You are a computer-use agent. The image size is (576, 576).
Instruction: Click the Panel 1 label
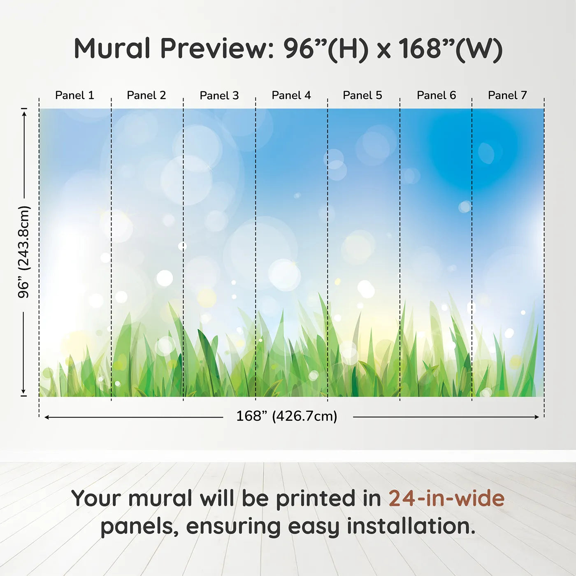[74, 95]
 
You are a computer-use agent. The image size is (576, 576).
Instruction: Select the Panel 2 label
[146, 95]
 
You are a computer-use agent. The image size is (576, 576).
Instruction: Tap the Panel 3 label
[219, 95]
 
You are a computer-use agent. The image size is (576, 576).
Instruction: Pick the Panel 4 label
[291, 95]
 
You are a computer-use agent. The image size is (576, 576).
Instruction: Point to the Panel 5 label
[362, 95]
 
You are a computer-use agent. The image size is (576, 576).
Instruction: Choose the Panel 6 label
[436, 95]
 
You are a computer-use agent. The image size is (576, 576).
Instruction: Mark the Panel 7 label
[507, 95]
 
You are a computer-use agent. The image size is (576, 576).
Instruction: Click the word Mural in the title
[112, 49]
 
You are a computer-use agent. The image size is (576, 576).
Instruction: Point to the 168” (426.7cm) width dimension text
[287, 416]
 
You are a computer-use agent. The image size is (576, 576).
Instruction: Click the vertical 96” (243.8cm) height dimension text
[24, 252]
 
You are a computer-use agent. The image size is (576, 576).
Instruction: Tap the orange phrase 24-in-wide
[446, 498]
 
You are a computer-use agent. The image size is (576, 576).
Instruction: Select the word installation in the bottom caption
[411, 526]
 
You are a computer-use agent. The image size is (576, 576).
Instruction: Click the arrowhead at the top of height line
[24, 112]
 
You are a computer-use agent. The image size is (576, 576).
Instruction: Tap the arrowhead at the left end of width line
[47, 417]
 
